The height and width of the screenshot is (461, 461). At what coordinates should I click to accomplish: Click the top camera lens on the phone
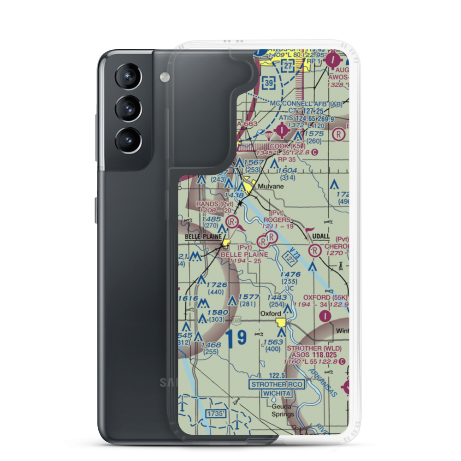coord(127,76)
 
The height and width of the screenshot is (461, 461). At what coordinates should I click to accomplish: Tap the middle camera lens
coord(127,108)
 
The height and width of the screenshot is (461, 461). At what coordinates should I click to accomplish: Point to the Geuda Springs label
coord(282,410)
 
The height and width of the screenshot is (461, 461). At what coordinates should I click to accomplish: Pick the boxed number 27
coord(288,66)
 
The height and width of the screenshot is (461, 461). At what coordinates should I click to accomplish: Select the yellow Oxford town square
coord(280,322)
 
